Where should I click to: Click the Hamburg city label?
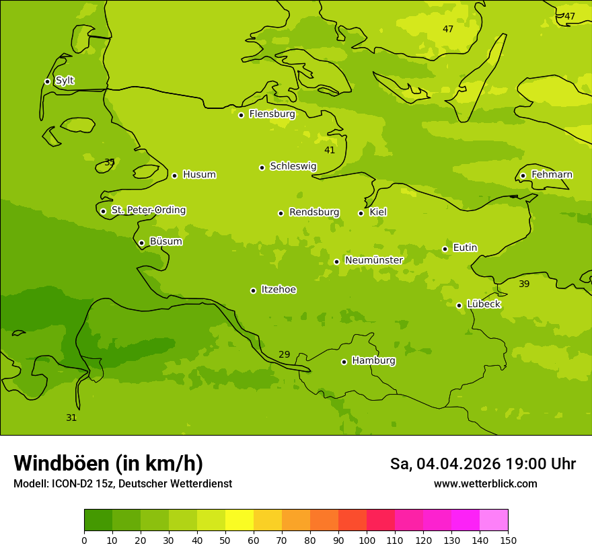coord(373,361)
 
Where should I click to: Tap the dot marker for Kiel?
coord(361,213)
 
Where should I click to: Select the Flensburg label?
coord(272,114)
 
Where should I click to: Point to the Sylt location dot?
coord(47,81)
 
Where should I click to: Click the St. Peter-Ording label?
coord(148,210)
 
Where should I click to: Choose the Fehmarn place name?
coord(552,175)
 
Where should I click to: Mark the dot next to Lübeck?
coord(459,305)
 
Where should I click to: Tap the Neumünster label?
coord(373,260)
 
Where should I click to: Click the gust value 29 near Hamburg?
coord(284,354)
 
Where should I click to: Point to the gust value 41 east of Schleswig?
coord(329,150)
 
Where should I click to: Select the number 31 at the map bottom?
coord(71,417)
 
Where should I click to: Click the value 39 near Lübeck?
coord(524,284)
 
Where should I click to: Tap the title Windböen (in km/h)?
coord(108,463)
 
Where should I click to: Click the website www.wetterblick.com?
coord(485,484)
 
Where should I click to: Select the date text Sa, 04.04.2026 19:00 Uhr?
coord(482,464)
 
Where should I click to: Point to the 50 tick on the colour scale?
coord(225,540)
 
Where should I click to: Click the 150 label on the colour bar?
coord(508,540)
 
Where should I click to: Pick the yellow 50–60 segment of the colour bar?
coord(239,520)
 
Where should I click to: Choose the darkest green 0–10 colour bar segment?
coord(98,520)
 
